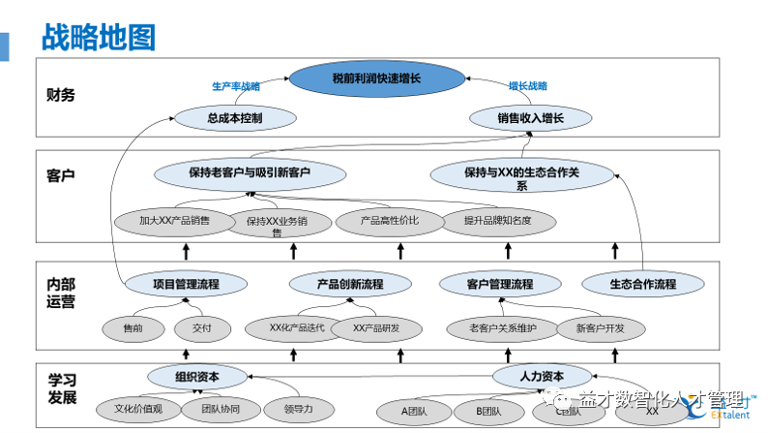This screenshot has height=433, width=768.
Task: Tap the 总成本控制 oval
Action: point(234,118)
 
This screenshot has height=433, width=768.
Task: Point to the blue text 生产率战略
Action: point(236,85)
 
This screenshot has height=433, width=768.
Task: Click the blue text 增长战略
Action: point(528,85)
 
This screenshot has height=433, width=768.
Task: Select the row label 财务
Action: point(60,95)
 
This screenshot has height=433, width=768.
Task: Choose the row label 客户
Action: point(60,175)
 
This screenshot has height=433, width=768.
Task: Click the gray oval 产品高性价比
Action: point(390,221)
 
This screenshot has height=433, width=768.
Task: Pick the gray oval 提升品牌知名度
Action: point(497,221)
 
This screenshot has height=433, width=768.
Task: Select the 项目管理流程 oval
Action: point(187,285)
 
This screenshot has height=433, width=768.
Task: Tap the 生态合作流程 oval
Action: point(642,285)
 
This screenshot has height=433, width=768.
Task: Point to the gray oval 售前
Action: point(133,328)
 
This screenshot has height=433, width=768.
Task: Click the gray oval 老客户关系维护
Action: point(503,328)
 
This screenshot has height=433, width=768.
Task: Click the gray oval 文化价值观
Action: point(137,409)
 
